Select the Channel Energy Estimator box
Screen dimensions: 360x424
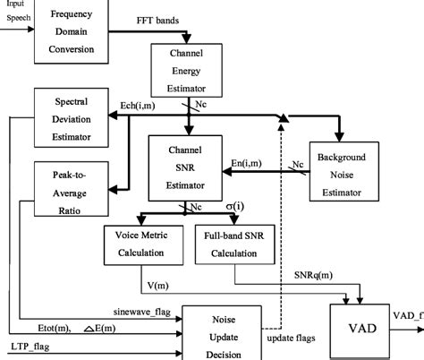point(188,76)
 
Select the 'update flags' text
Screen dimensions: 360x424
point(293,338)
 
